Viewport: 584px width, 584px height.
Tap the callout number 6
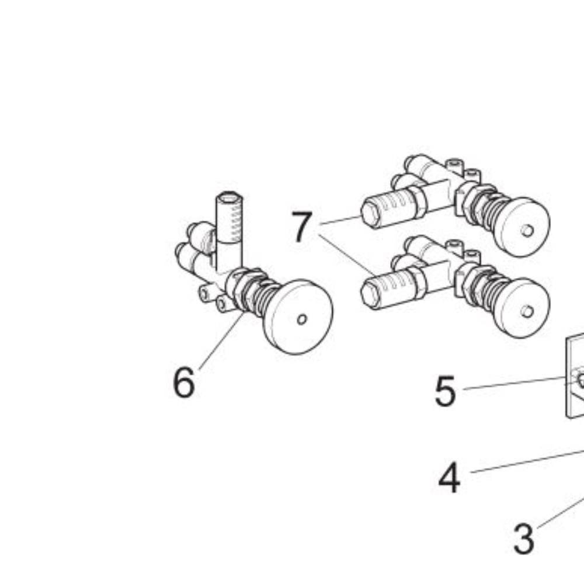[x=183, y=382]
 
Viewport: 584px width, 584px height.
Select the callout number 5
[x=445, y=391]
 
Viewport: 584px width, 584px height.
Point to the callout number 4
[x=449, y=477]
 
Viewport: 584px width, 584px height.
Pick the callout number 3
[x=524, y=538]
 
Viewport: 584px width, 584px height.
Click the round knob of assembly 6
[x=298, y=317]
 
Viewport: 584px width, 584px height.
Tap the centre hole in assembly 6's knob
[x=302, y=319]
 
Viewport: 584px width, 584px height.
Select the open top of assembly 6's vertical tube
[x=230, y=197]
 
